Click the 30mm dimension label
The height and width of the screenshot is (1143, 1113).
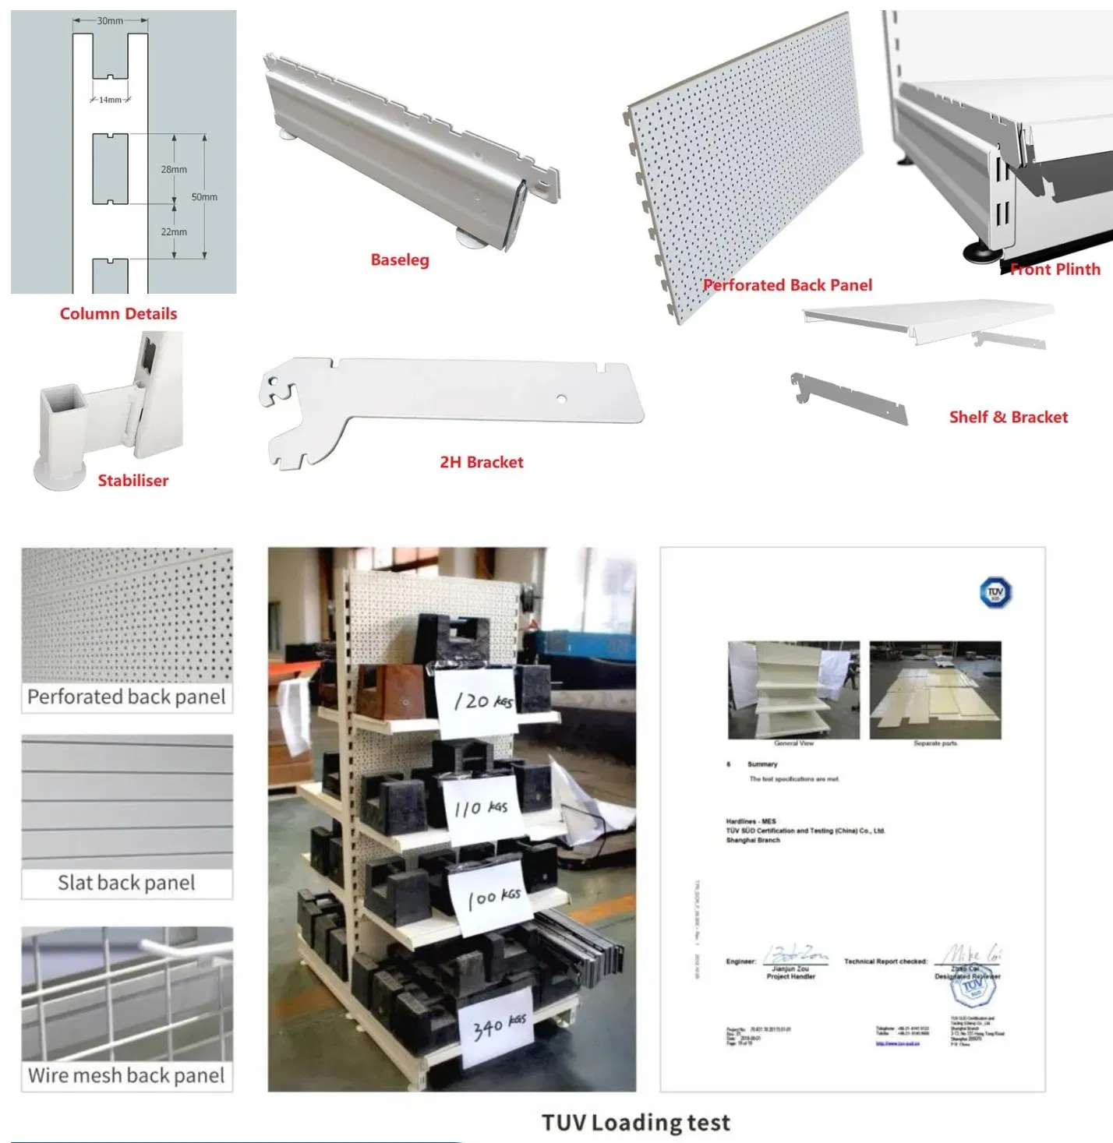coord(110,21)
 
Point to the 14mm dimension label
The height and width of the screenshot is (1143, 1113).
coord(110,100)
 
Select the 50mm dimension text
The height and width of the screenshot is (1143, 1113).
coord(204,197)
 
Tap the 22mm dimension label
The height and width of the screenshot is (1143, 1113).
coord(174,232)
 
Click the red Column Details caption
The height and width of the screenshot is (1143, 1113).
coord(118,314)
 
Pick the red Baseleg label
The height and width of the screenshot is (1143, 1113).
coord(400,260)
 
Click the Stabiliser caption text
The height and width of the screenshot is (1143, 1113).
coord(132,481)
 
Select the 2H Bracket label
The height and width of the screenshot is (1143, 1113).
coord(482,462)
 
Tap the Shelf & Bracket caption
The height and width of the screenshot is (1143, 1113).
coord(1008,417)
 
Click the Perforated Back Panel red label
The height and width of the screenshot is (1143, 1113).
coord(787,285)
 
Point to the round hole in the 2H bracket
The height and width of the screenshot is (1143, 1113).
coord(561,399)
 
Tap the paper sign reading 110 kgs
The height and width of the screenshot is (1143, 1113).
coord(481,808)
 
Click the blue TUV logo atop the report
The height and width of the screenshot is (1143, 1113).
coord(995,593)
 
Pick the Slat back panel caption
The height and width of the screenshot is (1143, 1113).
coord(126,883)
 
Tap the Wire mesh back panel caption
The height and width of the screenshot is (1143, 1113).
coord(126,1075)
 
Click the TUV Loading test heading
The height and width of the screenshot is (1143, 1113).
coord(635,1122)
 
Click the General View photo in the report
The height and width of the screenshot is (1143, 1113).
coord(793,690)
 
